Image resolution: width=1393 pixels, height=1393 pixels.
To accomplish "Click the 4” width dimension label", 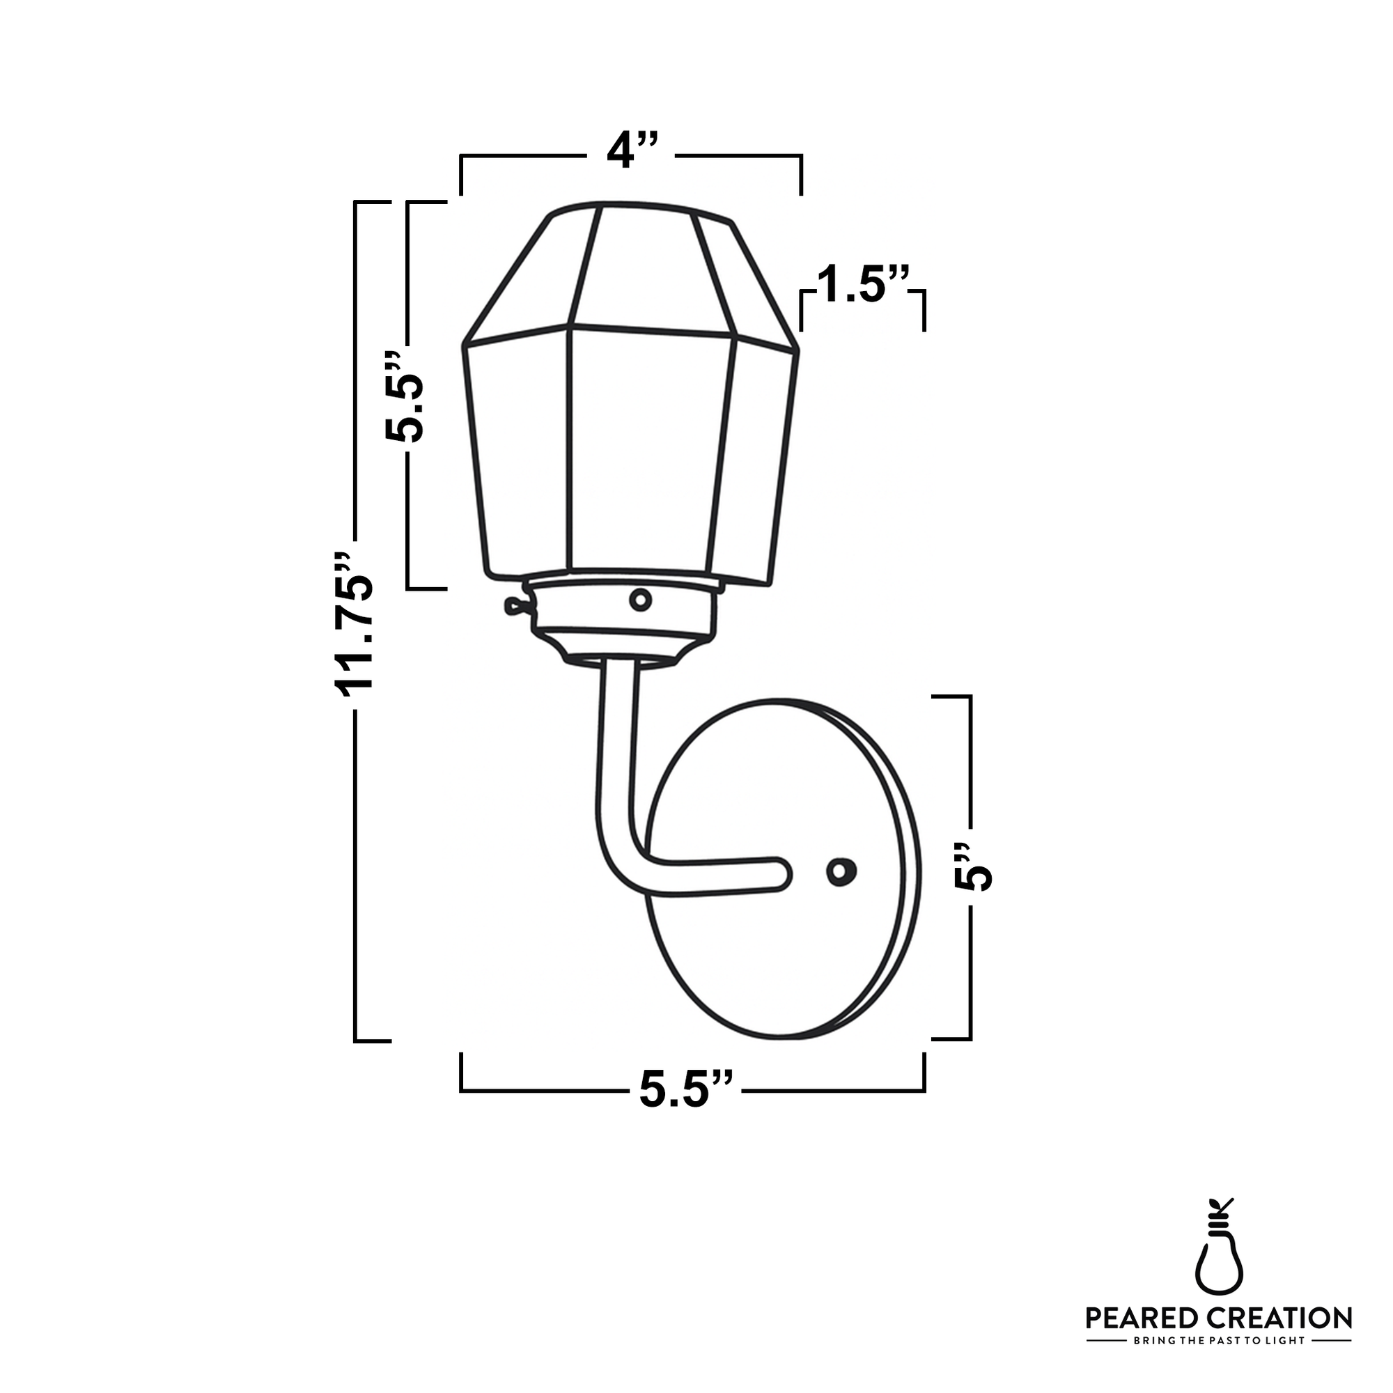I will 631,152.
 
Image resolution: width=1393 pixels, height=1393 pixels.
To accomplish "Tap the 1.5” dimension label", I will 862,285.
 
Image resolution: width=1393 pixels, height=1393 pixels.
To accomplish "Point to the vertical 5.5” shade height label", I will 405,397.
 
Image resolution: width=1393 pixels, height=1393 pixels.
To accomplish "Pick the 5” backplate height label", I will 972,867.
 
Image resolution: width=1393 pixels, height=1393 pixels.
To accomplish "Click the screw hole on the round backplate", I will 839,872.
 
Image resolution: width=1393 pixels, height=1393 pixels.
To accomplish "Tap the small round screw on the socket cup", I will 639,599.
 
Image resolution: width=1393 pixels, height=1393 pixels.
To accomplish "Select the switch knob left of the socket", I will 513,607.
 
